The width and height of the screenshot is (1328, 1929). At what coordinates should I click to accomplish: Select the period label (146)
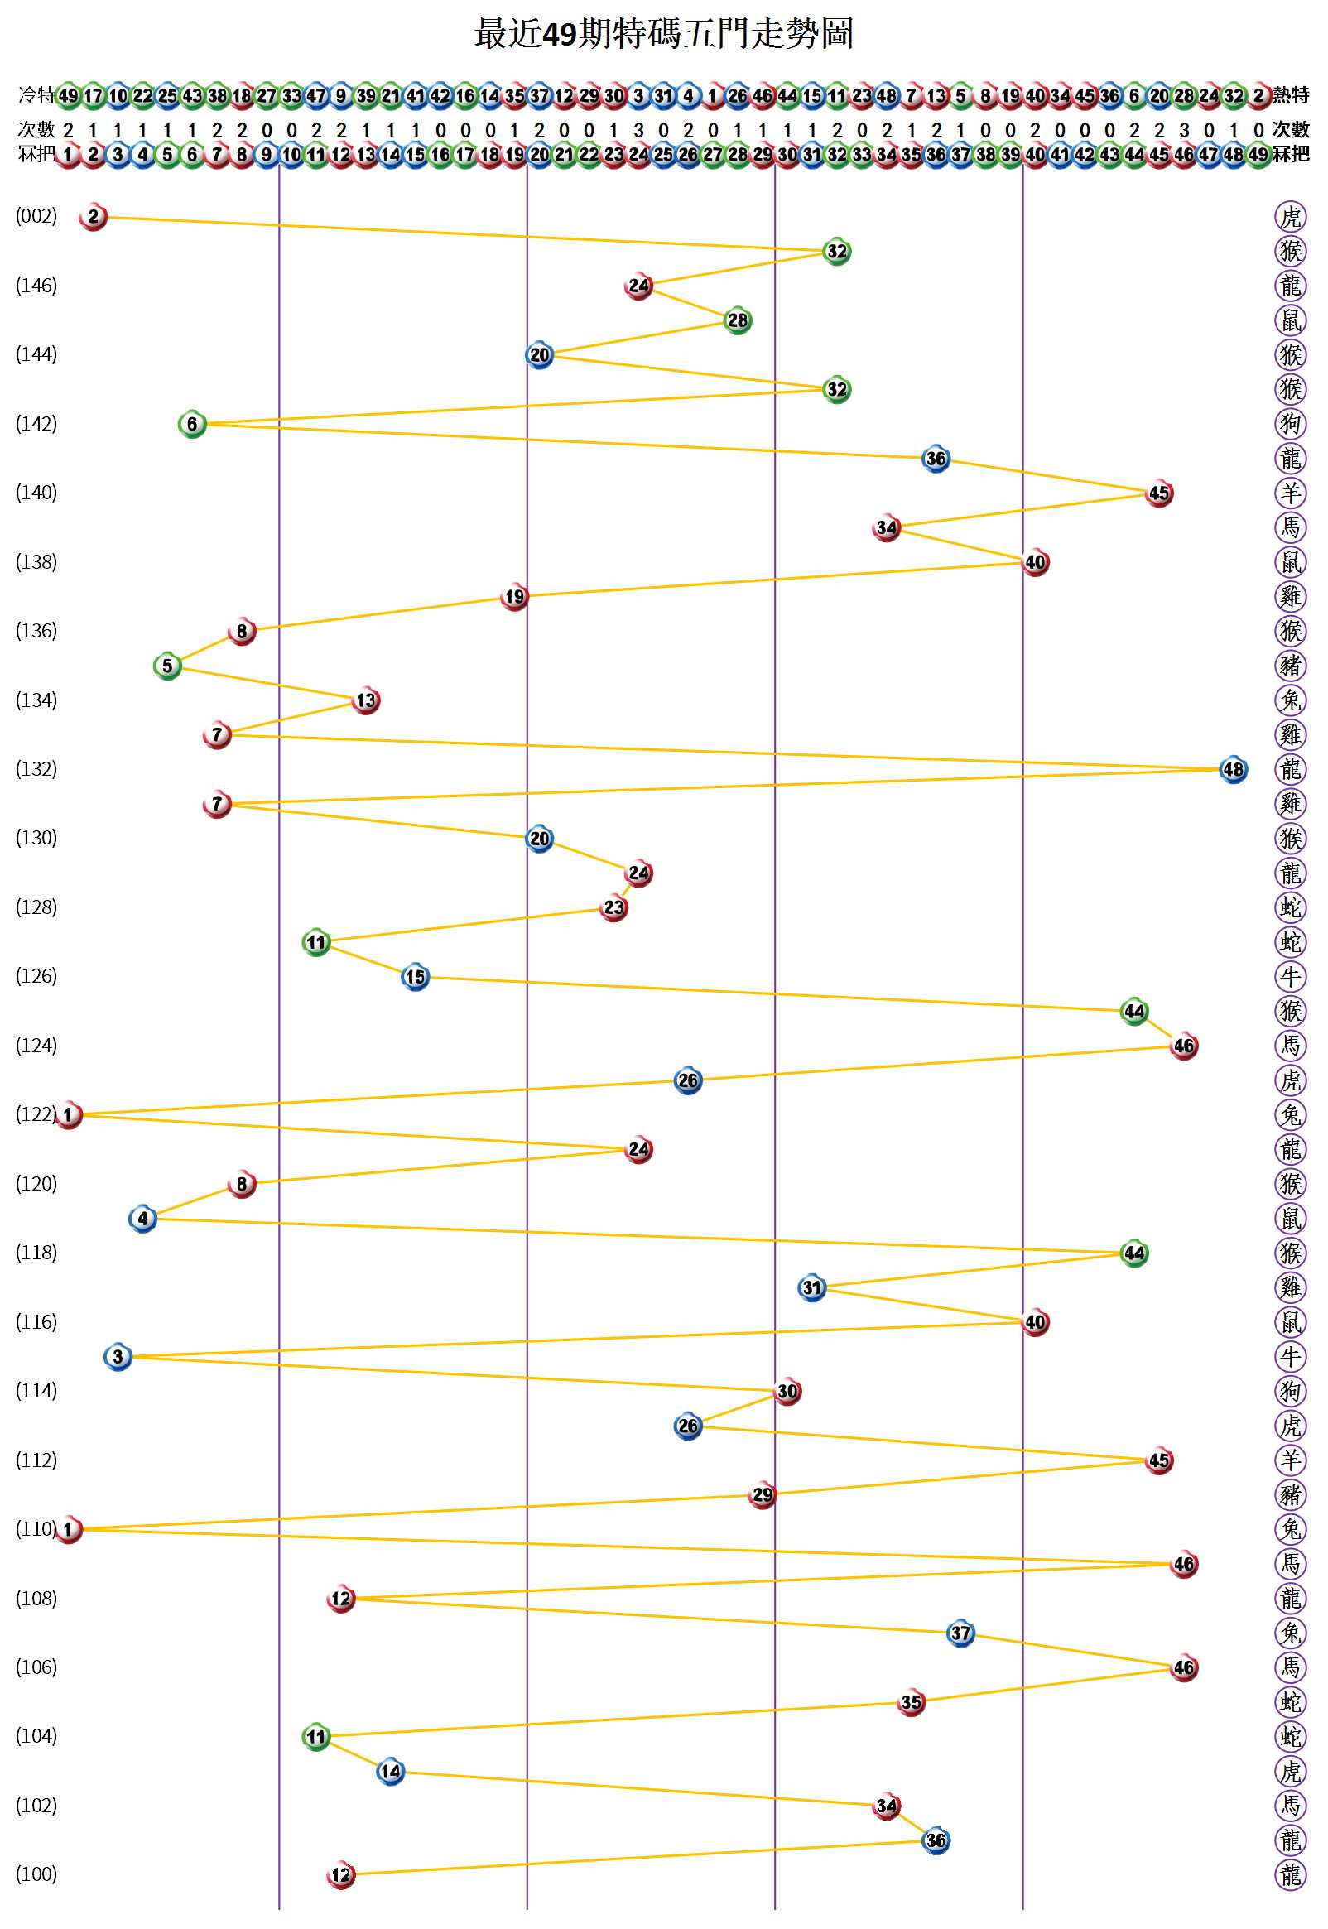click(36, 286)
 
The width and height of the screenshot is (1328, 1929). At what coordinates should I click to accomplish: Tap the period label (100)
click(36, 1874)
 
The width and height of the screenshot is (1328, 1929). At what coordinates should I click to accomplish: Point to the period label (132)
click(36, 768)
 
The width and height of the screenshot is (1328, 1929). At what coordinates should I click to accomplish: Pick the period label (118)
click(36, 1252)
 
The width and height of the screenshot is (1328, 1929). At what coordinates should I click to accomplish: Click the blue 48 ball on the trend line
click(1232, 769)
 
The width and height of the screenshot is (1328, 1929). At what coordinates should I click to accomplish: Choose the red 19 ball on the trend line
click(514, 596)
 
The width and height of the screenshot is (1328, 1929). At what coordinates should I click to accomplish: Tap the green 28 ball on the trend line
click(737, 320)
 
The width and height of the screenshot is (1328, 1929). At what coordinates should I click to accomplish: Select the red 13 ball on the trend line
click(366, 700)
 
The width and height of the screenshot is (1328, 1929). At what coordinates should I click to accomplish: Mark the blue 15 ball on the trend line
click(416, 977)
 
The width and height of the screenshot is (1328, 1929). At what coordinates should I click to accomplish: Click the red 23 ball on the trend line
click(613, 907)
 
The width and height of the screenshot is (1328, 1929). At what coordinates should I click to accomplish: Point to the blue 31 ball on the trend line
click(811, 1287)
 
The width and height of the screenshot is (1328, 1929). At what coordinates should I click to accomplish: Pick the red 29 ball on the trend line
click(763, 1495)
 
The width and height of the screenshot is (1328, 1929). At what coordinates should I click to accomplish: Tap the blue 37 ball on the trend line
click(960, 1633)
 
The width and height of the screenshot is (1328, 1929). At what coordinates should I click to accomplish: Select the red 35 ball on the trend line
click(911, 1702)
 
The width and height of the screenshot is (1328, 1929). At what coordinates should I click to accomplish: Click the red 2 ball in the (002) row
click(94, 216)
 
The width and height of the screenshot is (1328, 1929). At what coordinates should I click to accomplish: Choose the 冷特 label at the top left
click(36, 95)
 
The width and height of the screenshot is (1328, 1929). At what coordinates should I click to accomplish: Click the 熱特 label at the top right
click(1291, 95)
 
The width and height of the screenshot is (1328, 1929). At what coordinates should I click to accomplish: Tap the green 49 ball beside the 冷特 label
click(68, 95)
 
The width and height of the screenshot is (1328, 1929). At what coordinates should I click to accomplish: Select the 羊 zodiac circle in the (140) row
click(1290, 493)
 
